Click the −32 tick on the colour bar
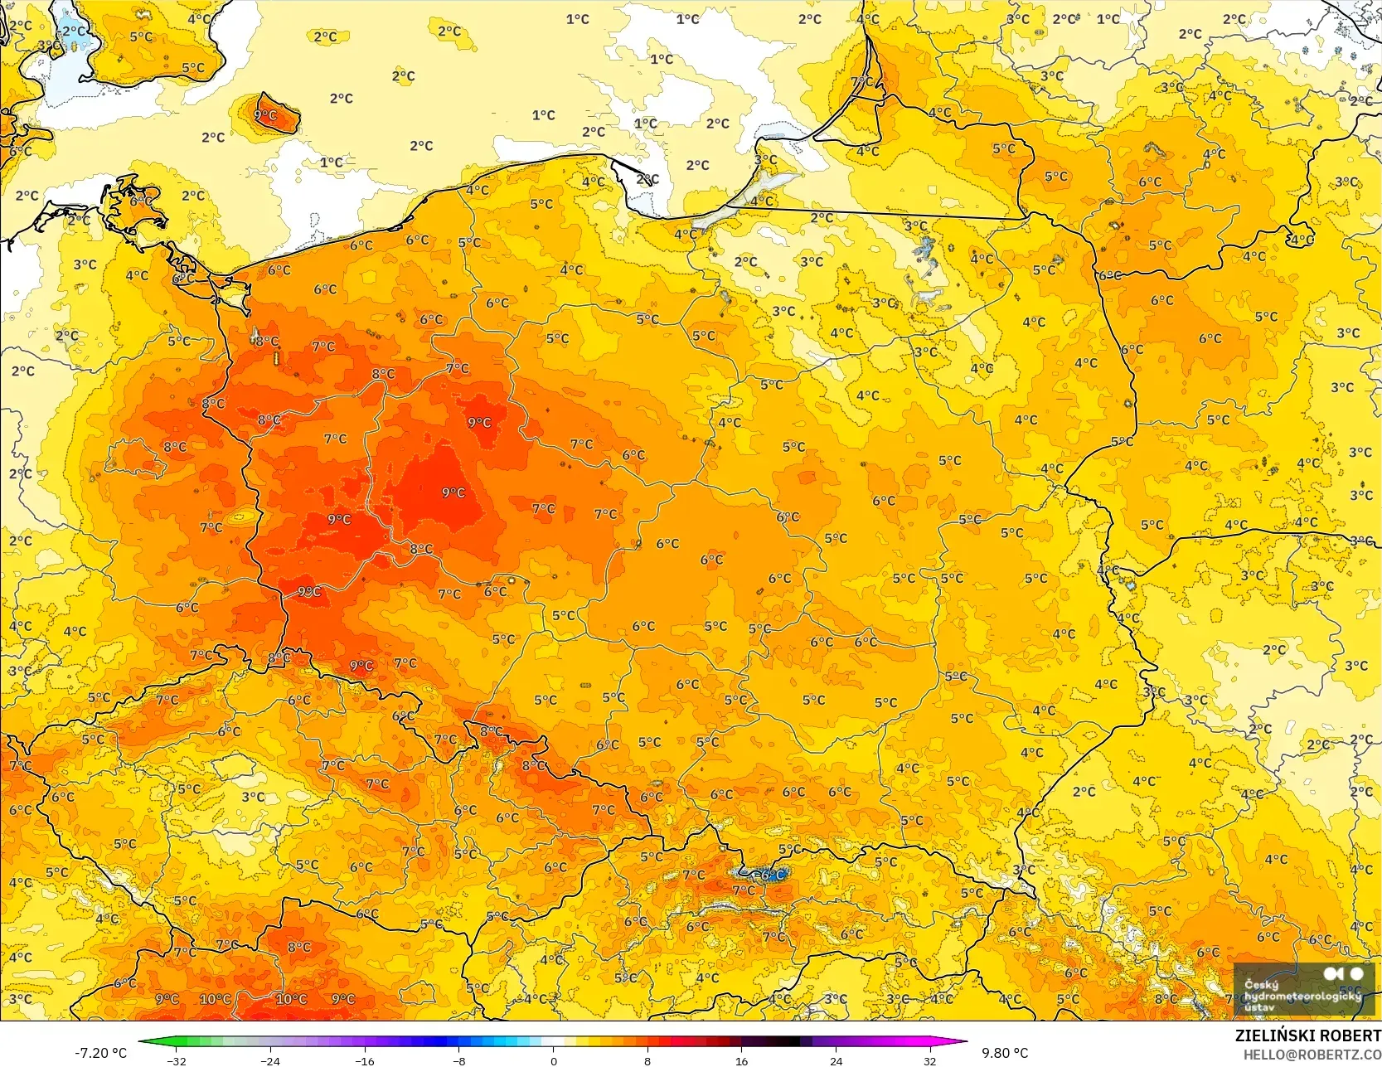pos(177,1060)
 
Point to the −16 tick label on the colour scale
pos(365,1060)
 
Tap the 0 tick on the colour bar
pos(553,1060)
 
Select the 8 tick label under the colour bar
pos(647,1060)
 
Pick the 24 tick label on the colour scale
pos(836,1060)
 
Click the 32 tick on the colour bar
pos(929,1060)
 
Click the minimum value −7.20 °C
pos(100,1053)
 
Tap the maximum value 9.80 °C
pos(1005,1053)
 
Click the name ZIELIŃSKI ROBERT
pos(1307,1035)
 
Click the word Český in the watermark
pos(1261,985)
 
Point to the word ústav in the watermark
pos(1259,1006)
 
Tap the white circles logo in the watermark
pos(1343,973)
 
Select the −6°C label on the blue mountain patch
pos(770,875)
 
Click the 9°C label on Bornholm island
pos(265,115)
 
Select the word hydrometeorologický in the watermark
pos(1302,996)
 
